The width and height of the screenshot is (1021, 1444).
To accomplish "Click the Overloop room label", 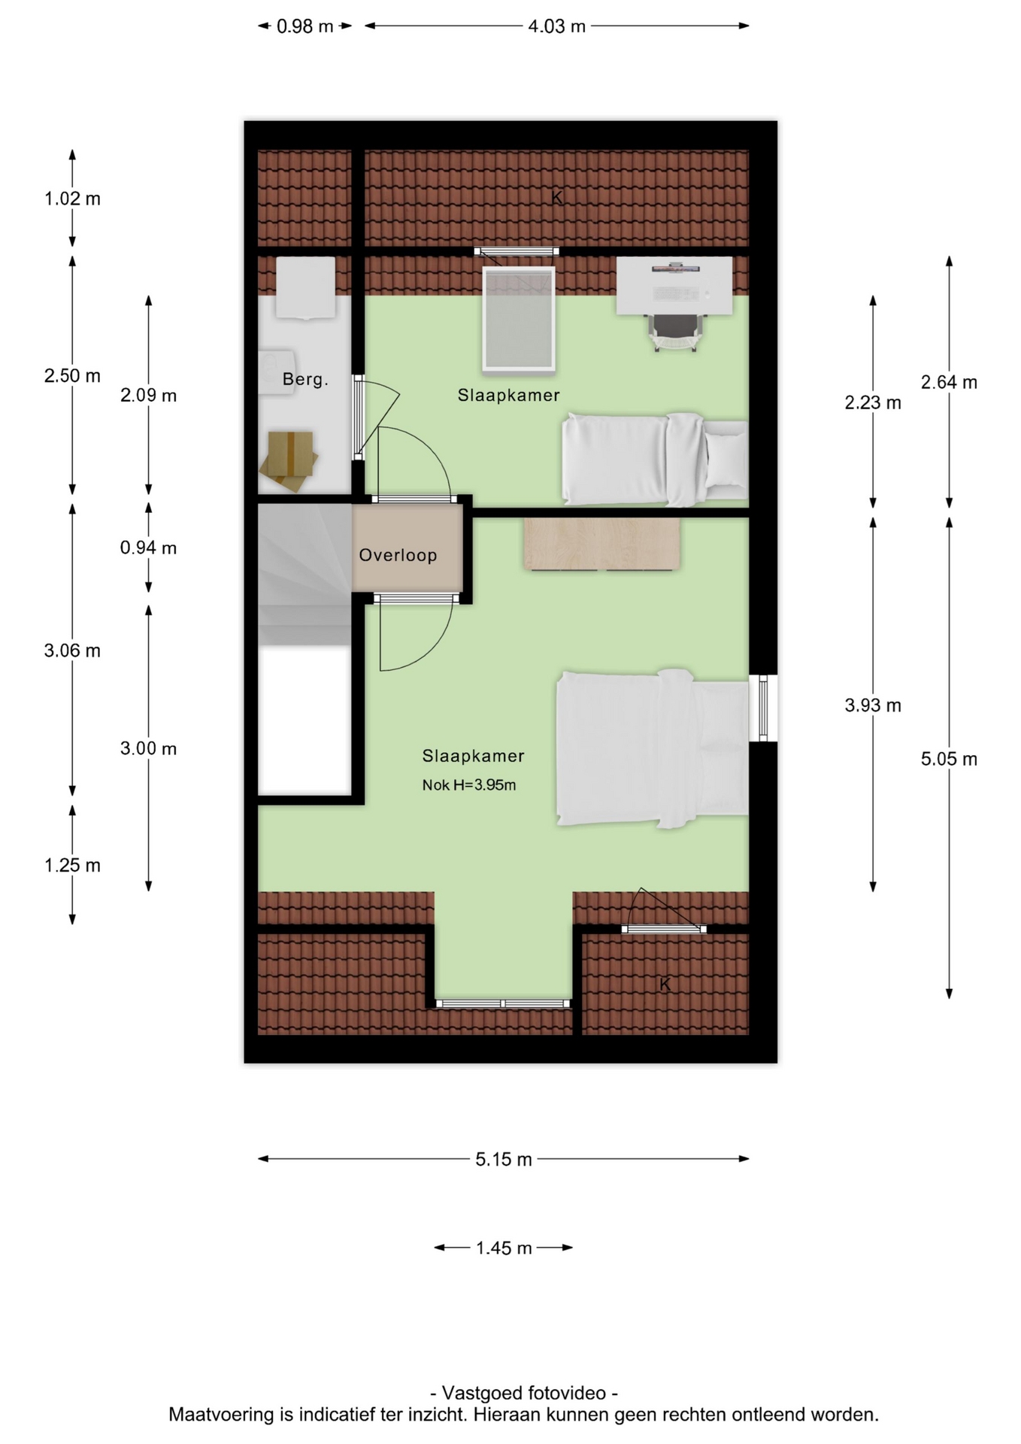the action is coord(398,555).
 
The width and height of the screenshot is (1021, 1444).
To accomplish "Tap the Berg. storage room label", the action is coord(305,379).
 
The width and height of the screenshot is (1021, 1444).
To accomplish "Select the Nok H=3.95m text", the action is coord(469,785).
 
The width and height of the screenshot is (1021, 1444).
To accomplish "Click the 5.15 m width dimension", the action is coord(503,1159).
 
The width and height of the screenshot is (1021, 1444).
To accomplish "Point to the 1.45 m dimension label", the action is coord(503,1248).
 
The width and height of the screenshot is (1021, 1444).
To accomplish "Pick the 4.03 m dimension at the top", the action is coord(556,26).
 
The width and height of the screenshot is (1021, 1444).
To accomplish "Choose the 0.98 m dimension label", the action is coord(304,26).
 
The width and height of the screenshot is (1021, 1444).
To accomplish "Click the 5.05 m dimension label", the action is coord(949,759).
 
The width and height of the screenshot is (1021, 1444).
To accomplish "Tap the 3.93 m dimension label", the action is coord(873,705).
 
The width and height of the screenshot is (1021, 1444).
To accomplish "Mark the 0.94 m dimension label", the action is coord(148,548).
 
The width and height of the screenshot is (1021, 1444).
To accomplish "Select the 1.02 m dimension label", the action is coord(72,199).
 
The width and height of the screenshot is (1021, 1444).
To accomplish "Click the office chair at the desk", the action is coord(677,332).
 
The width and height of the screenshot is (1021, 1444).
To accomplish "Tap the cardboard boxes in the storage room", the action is coord(289,460).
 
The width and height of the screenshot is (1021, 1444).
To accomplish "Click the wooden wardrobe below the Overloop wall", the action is coord(601,544).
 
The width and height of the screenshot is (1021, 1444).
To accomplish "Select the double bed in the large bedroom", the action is coord(653,748).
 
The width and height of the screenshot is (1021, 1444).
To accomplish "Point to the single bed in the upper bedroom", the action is coord(655,459).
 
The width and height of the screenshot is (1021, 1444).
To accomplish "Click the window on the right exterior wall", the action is coord(763,708).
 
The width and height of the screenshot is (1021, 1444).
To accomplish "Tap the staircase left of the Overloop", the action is coord(304,574).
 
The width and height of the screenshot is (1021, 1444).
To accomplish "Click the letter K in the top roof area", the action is coord(557,197).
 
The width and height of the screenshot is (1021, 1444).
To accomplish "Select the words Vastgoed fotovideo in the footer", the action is coord(524,1393).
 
